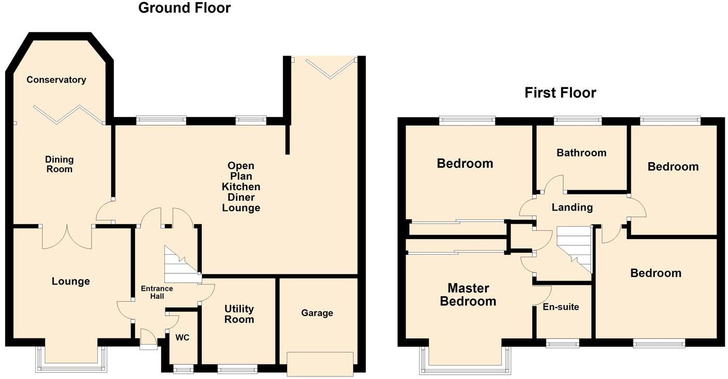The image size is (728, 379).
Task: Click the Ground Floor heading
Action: coord(184,8)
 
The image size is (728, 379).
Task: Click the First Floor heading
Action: coord(560,93)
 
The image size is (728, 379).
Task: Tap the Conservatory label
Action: coord(56,80)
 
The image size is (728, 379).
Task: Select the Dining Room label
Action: coord(59,164)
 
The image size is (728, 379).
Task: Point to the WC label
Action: coord(182,338)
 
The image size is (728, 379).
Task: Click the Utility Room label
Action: coord(239,314)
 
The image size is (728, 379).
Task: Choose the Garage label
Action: coord(317,313)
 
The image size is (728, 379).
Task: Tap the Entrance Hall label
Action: coord(157,293)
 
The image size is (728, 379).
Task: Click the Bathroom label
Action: coord(581,153)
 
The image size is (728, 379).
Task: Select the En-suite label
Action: coord(561,307)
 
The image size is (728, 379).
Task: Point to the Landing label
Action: coord(572,207)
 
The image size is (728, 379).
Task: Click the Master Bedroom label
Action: coord(468,295)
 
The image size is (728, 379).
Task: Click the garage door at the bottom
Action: coord(320,364)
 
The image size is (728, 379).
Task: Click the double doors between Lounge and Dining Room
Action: coord(67,237)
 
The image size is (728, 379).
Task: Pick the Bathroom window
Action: coord(578,121)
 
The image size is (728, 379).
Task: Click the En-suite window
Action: coord(562,343)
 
